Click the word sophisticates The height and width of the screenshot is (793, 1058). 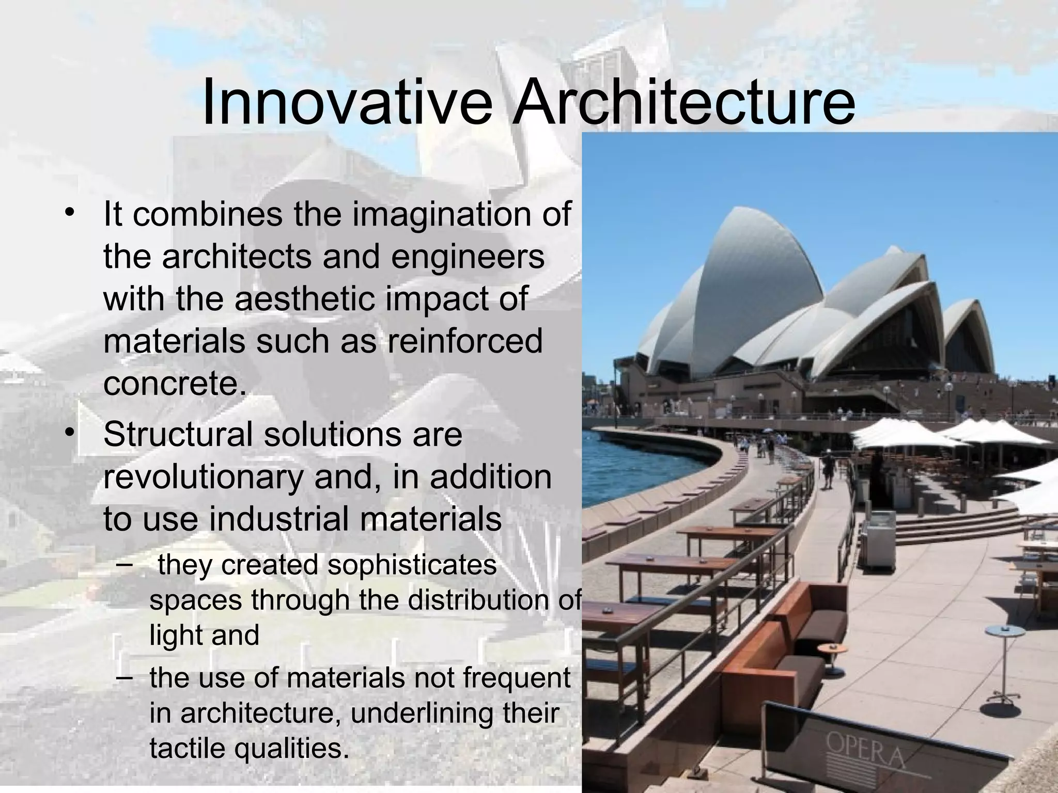point(412,565)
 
